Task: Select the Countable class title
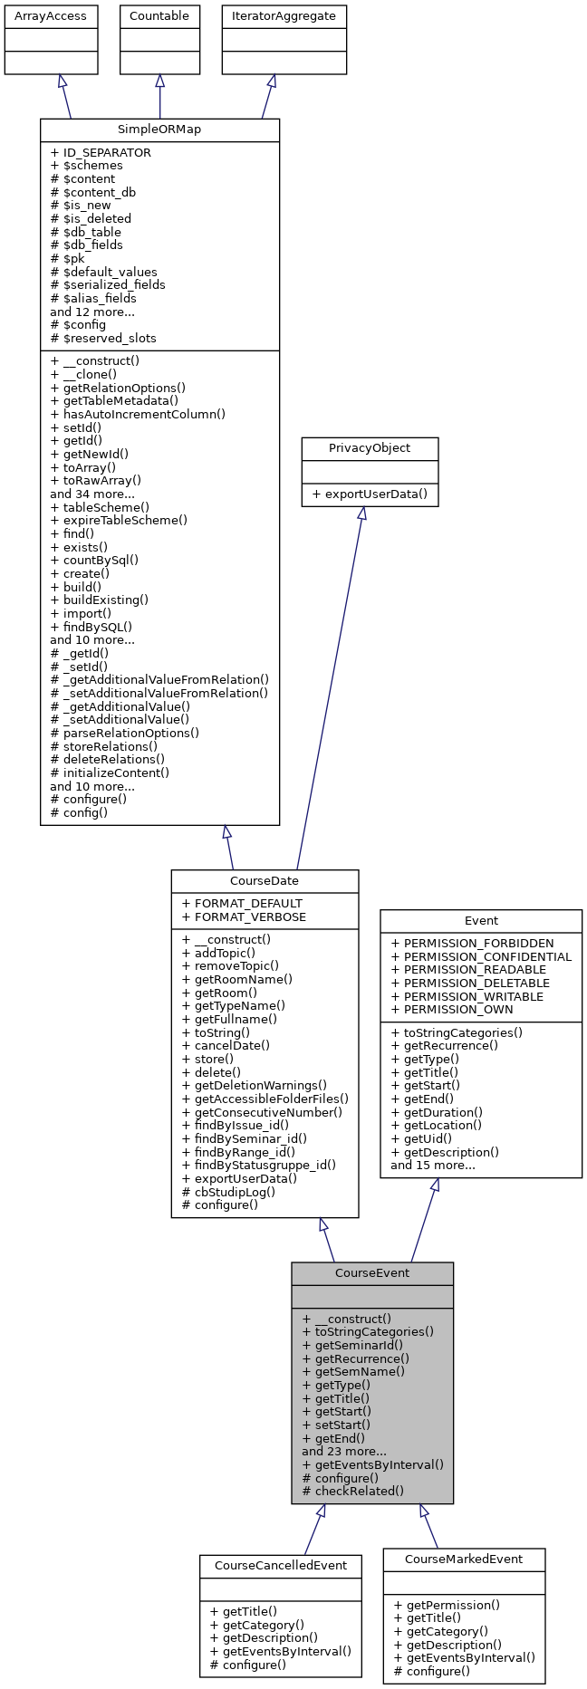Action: (x=159, y=15)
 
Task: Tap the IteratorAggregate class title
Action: (x=284, y=15)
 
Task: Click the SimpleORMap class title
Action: (x=159, y=130)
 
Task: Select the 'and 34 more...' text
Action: (x=92, y=494)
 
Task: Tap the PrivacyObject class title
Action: (x=370, y=448)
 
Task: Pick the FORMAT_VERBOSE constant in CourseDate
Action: (x=244, y=916)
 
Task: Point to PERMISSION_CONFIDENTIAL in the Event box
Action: (x=481, y=956)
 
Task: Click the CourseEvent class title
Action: (x=371, y=1272)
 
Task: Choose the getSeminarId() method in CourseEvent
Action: (x=352, y=1345)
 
